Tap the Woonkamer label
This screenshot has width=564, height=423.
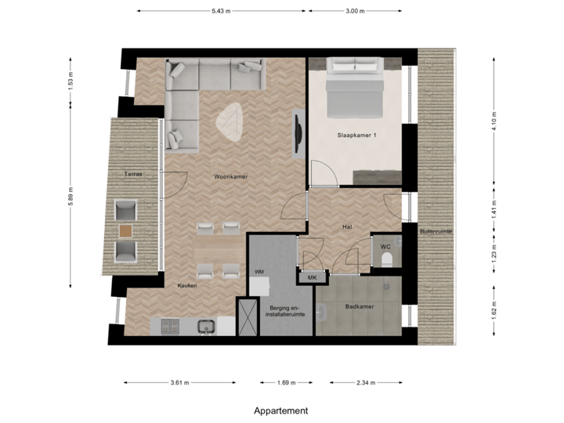(230, 177)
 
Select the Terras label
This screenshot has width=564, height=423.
(132, 174)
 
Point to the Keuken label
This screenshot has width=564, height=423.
(186, 286)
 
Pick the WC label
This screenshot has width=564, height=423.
(385, 247)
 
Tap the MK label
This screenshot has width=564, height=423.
(311, 277)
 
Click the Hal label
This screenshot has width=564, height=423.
(346, 226)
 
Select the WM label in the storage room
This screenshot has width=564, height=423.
(258, 271)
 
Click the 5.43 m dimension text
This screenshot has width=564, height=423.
(222, 11)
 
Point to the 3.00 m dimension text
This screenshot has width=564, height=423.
(355, 11)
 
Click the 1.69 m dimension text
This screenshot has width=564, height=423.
(287, 383)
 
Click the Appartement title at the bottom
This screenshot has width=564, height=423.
(281, 410)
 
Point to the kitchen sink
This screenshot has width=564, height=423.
(206, 325)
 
